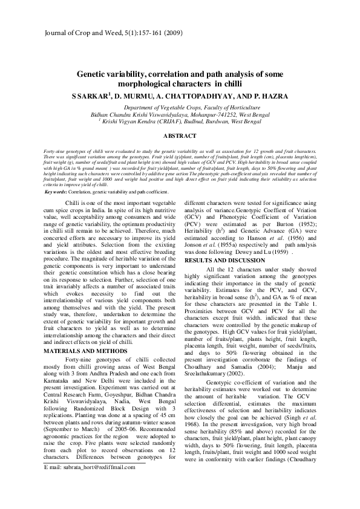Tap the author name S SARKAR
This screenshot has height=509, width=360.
pyautogui.click(x=91, y=96)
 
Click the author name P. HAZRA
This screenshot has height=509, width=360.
pyautogui.click(x=270, y=96)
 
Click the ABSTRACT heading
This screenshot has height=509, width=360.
pyautogui.click(x=180, y=137)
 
